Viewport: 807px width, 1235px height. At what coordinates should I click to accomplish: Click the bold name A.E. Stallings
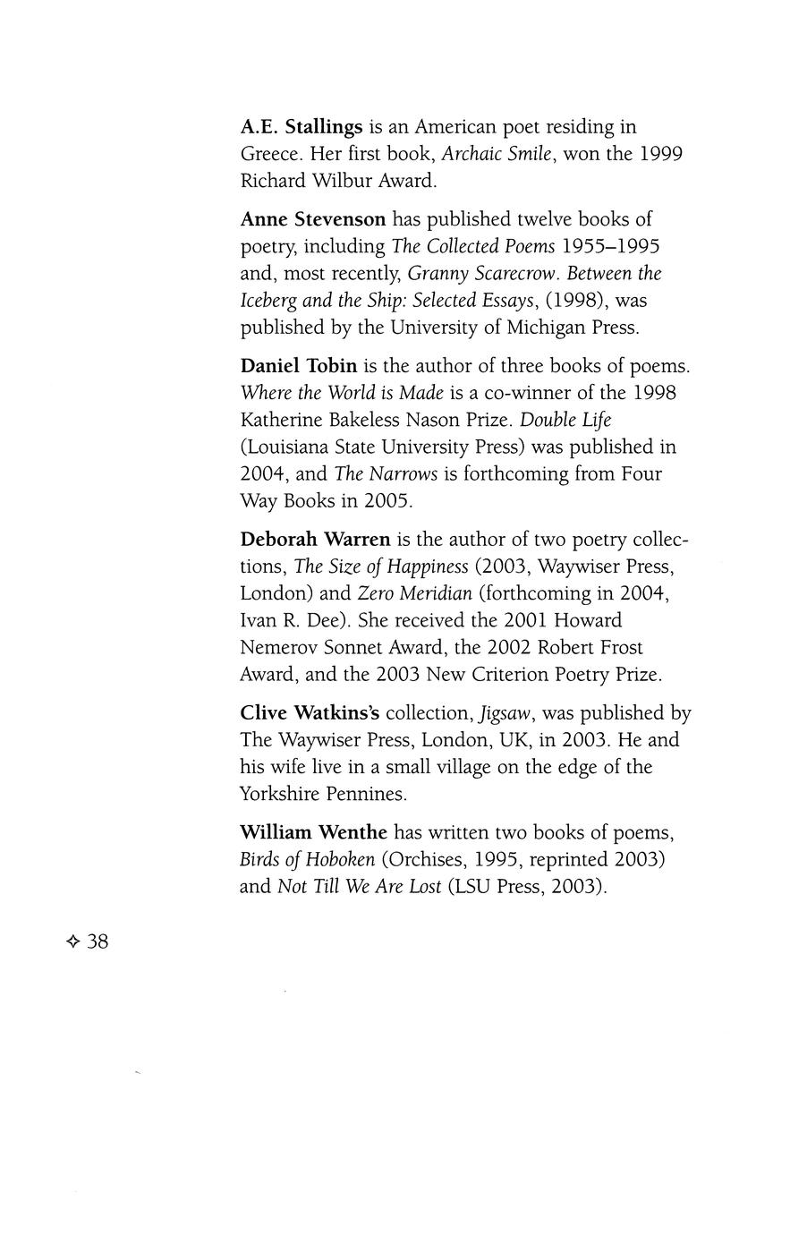(302, 127)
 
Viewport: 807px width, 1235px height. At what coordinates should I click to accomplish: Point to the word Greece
(271, 154)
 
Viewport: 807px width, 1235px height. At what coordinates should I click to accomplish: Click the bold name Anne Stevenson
(313, 219)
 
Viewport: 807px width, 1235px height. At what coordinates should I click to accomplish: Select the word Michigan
(547, 327)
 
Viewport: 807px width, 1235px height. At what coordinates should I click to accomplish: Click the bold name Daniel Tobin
(299, 366)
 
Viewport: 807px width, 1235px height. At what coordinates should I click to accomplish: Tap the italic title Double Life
(566, 420)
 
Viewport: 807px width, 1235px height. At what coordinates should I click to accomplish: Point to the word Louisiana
(287, 447)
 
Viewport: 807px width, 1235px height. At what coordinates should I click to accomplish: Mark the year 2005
(387, 500)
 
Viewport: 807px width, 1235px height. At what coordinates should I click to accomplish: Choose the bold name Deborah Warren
(316, 540)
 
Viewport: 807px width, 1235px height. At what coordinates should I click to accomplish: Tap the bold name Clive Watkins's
(310, 713)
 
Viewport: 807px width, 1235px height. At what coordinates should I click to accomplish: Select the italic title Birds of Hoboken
(307, 860)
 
